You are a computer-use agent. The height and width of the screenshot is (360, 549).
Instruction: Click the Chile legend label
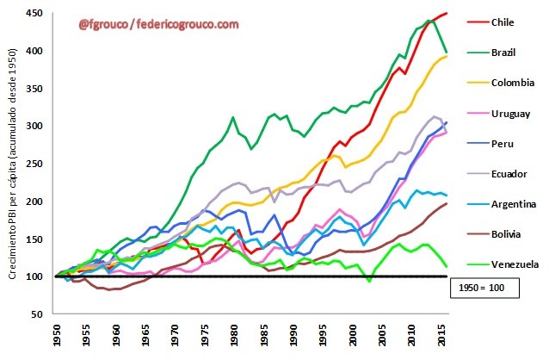tap(503, 22)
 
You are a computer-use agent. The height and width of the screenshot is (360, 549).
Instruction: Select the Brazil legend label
tap(503, 53)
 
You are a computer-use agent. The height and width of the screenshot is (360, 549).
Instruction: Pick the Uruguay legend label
tap(509, 113)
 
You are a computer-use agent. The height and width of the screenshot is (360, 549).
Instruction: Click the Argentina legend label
tap(512, 203)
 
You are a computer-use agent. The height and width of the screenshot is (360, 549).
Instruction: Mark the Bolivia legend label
tap(505, 233)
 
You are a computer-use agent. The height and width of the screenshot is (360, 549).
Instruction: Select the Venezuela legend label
tap(514, 264)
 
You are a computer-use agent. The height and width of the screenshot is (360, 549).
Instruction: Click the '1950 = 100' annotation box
tap(485, 288)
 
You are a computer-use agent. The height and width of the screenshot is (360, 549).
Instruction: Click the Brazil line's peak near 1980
tap(233, 117)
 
